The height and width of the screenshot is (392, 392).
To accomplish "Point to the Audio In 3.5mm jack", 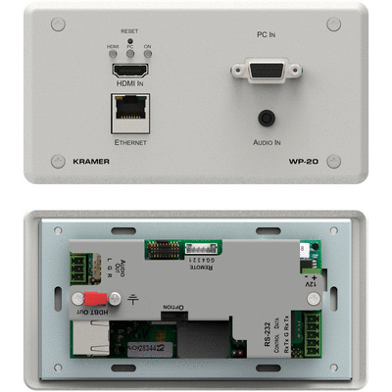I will coord(265,117).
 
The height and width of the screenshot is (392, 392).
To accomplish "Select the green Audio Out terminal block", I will coord(78,266).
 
